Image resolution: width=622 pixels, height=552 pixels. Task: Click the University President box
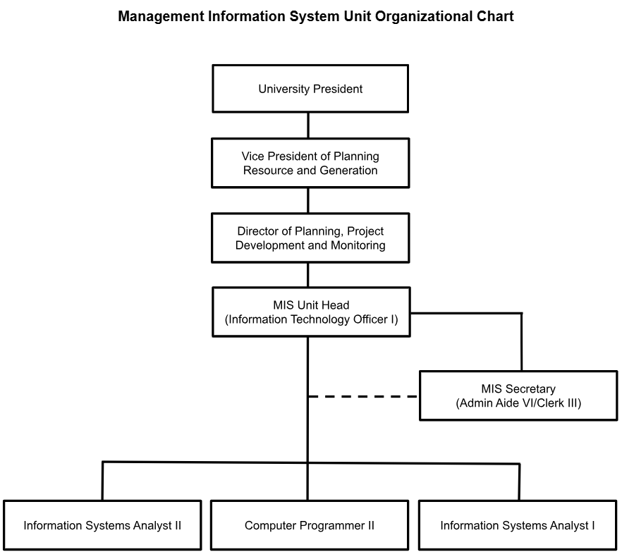tap(310, 89)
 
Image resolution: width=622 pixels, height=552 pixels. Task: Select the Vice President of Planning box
tap(310, 163)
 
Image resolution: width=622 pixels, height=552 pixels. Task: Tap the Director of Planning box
tap(310, 238)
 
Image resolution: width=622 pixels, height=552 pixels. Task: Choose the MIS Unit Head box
tap(311, 312)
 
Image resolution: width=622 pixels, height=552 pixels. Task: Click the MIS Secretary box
tap(518, 395)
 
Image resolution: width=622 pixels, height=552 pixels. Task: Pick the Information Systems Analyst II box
tap(102, 525)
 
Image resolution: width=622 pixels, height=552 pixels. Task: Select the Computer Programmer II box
tap(310, 525)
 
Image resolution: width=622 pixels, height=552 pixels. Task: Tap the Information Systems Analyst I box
tap(518, 525)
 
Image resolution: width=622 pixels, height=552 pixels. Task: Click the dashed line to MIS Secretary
tap(363, 396)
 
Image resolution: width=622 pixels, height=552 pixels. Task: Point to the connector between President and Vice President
tap(308, 125)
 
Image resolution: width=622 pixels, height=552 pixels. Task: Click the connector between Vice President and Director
tap(308, 200)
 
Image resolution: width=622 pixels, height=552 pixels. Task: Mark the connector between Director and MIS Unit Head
tap(308, 275)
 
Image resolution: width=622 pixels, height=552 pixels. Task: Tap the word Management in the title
tap(161, 17)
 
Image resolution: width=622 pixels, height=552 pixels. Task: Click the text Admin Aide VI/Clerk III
tap(518, 403)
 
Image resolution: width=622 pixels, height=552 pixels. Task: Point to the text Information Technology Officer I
tap(312, 319)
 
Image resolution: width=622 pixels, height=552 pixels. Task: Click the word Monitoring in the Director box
tap(358, 245)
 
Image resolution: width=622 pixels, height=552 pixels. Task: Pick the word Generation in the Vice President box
tap(348, 170)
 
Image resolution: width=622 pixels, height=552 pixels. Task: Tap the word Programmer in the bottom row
tap(332, 525)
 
